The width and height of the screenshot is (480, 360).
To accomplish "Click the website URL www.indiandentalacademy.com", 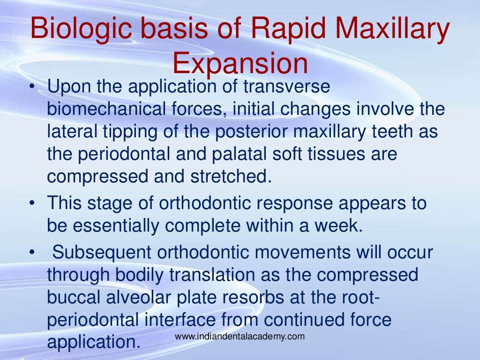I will [x=240, y=336].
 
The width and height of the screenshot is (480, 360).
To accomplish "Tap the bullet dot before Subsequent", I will [x=31, y=252].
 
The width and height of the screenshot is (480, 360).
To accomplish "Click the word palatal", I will [x=228, y=154].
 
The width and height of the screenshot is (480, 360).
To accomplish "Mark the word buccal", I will [x=72, y=297].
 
